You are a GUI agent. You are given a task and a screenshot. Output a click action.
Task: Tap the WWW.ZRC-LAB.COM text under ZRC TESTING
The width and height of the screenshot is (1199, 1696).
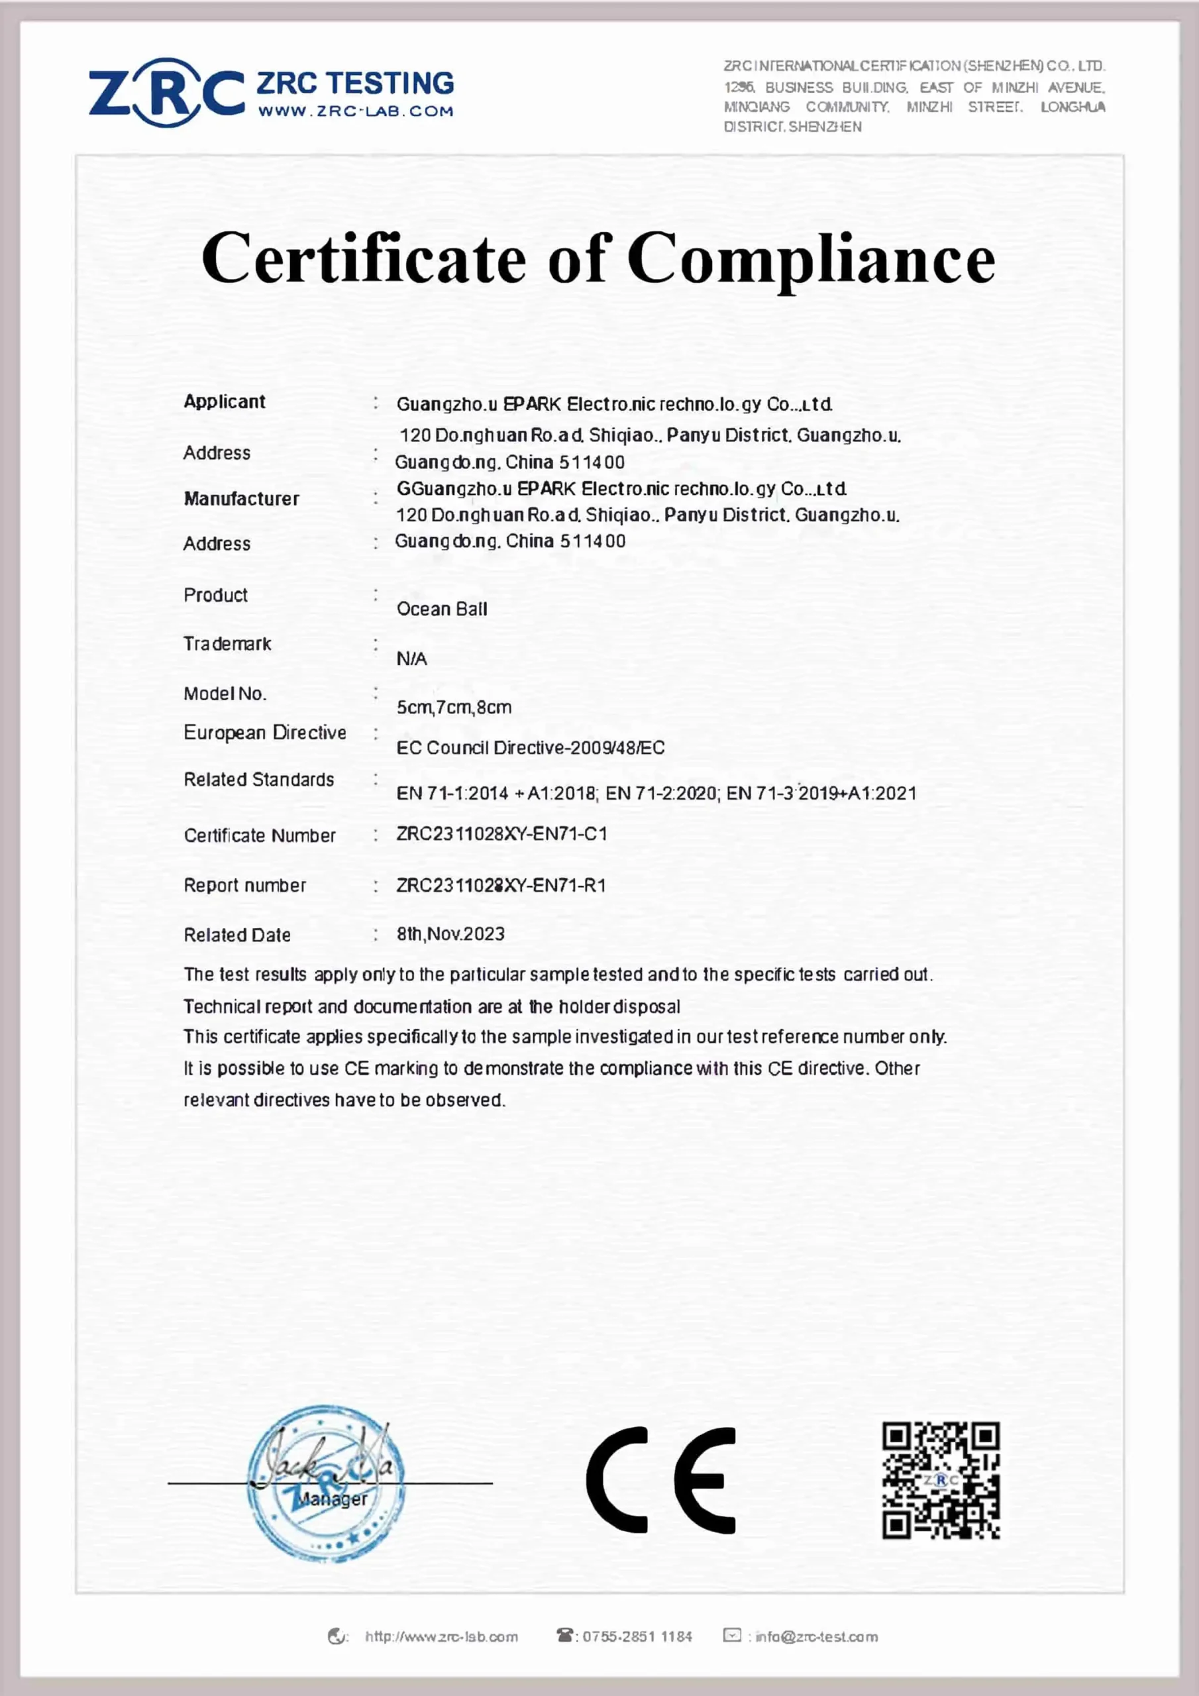click(355, 111)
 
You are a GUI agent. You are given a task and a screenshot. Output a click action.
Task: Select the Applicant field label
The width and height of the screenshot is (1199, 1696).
click(225, 402)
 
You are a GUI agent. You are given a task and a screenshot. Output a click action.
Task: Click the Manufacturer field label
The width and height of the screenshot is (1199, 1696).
click(242, 499)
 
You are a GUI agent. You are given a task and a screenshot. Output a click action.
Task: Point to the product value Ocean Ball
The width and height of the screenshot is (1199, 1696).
click(442, 609)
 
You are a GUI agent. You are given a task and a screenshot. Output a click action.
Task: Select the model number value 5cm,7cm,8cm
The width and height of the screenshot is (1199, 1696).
click(454, 707)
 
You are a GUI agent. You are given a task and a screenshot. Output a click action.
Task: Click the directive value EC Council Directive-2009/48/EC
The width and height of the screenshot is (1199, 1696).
click(531, 747)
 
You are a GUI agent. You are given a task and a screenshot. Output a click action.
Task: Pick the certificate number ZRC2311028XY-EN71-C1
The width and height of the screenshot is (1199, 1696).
click(501, 834)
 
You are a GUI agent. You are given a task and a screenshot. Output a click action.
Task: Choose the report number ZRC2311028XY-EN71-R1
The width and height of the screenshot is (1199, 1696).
click(501, 885)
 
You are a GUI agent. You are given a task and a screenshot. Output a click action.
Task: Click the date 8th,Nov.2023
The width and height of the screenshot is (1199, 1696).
click(450, 933)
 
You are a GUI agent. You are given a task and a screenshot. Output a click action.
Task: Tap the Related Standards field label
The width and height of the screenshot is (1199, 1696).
click(258, 779)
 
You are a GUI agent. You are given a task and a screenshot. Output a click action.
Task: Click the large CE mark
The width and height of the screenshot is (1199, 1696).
click(661, 1479)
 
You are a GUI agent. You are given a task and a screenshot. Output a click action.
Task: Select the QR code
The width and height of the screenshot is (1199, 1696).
click(941, 1479)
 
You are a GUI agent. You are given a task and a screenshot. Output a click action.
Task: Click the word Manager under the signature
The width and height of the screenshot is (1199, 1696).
click(332, 1499)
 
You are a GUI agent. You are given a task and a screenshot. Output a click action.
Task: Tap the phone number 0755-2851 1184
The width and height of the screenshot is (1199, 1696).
click(637, 1636)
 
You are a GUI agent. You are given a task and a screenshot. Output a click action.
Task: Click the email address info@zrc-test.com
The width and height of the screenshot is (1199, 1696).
click(815, 1636)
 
